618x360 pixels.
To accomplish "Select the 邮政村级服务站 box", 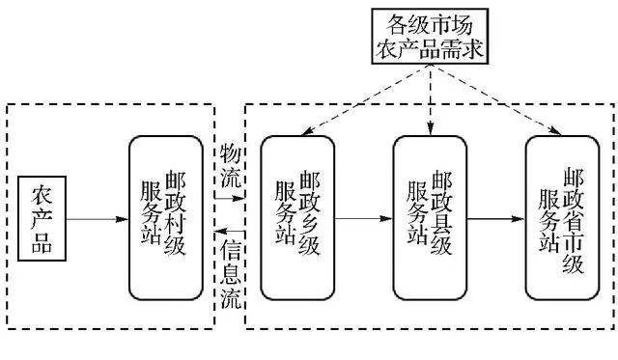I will [170, 218].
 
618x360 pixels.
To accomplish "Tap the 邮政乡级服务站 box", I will [298, 218].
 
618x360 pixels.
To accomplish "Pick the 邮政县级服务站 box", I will [430, 218].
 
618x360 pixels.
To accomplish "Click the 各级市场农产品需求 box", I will [429, 36].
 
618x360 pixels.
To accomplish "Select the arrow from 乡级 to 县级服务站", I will [364, 218].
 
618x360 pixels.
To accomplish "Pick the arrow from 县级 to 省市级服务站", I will [494, 218].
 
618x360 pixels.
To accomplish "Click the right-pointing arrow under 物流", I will [230, 199].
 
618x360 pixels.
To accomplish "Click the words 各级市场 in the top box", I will [429, 22].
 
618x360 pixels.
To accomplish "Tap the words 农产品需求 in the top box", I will [429, 47].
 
